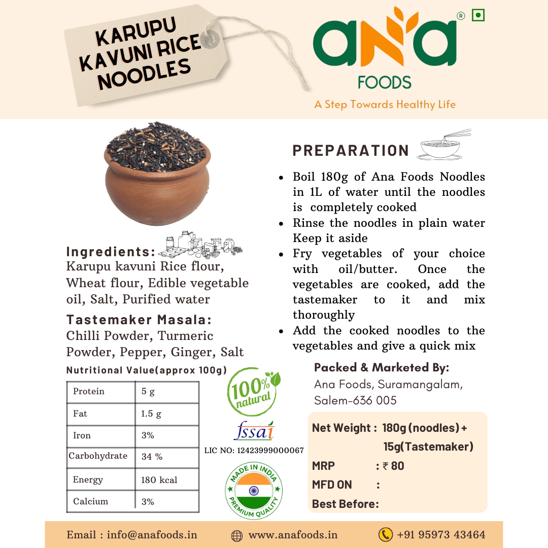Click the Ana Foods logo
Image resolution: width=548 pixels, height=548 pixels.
pos(384,48)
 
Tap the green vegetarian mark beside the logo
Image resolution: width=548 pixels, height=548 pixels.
pos(477,16)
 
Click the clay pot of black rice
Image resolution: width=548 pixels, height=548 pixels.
pos(158,175)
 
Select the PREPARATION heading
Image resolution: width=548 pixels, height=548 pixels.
pos(351,151)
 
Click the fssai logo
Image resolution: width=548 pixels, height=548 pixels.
pos(254,431)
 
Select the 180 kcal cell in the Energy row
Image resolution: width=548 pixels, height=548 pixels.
pos(159,480)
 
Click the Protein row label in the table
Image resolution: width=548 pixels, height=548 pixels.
pos(89,391)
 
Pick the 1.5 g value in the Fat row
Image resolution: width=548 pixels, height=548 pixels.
pos(151,414)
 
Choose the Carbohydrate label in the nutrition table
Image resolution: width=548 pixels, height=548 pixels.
pos(98,456)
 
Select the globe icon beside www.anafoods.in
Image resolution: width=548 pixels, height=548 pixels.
pos(236,535)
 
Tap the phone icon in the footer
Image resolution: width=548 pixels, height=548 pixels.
pos(386,534)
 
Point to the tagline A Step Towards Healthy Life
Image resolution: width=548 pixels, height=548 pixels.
pos(385,105)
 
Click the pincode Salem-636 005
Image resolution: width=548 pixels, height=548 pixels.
pos(355,400)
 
